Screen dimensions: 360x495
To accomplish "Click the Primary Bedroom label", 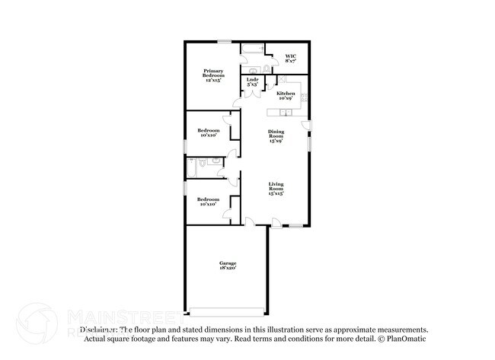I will [213, 75].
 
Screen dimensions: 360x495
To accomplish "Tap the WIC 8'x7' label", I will [290, 59].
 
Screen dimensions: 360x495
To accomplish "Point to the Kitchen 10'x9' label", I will [286, 96].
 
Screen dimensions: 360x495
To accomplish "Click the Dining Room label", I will [276, 136].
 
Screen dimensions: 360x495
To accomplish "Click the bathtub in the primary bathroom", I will [251, 50].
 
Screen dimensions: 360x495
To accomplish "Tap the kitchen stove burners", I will [304, 97].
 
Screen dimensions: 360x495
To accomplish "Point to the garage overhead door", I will [227, 311].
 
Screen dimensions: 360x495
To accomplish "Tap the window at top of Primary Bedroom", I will [225, 41].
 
